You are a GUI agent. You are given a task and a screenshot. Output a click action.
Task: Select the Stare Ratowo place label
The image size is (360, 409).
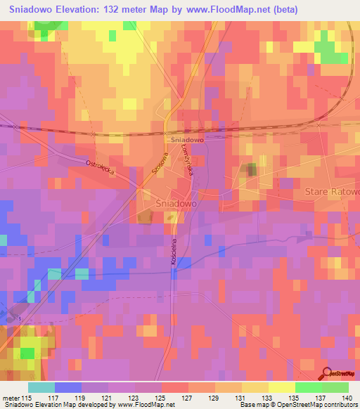coord(331,192)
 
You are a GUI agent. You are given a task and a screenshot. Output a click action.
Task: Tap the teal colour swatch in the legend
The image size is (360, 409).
coord(41,387)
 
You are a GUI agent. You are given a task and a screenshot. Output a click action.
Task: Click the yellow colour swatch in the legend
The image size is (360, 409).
coord(281,387)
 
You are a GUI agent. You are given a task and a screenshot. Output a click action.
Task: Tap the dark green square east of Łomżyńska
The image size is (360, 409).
coord(251,169)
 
